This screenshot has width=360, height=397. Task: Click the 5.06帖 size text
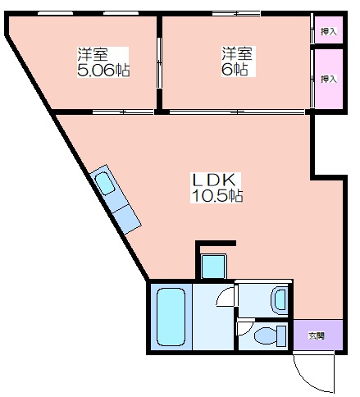103,71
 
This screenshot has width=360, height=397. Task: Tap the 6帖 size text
235,70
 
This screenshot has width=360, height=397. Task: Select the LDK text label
214,180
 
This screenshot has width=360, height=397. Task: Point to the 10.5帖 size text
217,195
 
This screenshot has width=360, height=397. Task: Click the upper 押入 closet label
328,31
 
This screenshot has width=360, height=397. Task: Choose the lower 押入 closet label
328,79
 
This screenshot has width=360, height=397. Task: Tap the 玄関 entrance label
317,335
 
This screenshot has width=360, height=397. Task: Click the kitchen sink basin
105,184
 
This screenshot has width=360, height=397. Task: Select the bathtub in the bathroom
171,317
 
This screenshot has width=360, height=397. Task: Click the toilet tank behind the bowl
281,336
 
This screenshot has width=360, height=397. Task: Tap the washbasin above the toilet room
280,300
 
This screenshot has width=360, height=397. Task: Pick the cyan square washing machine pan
213,267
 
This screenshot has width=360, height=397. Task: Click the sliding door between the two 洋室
159,62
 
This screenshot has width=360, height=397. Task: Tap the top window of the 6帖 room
236,13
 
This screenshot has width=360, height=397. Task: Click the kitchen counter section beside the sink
127,219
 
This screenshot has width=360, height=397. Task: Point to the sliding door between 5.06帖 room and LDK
123,112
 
